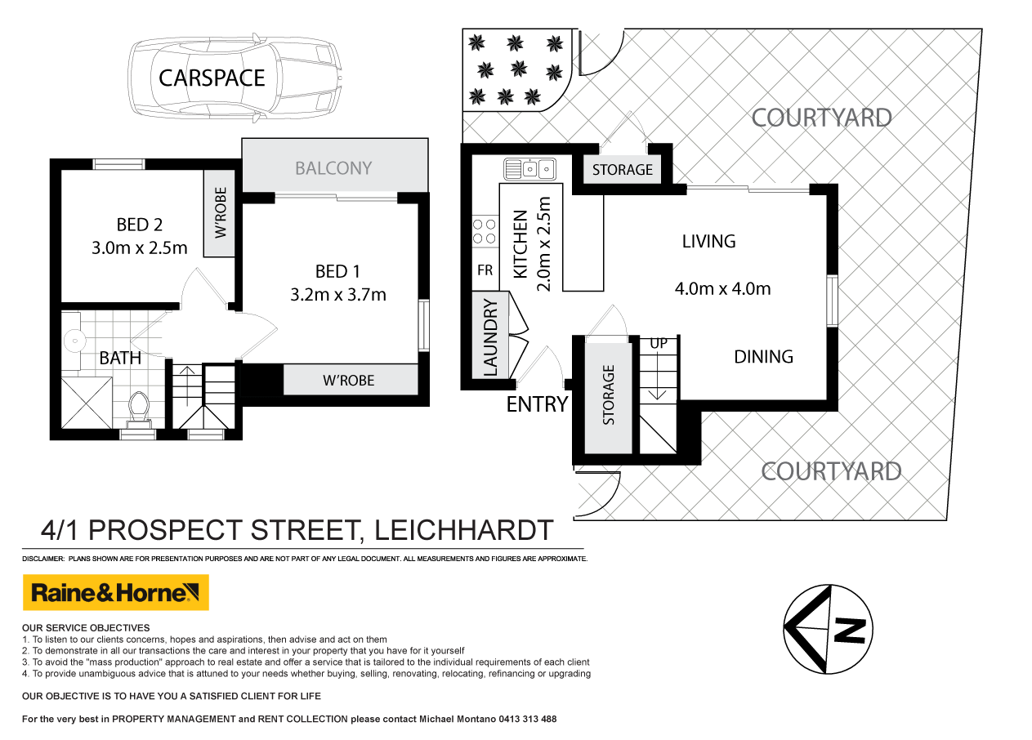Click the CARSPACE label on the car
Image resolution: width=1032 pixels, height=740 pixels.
212,78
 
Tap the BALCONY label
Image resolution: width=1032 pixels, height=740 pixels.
333,168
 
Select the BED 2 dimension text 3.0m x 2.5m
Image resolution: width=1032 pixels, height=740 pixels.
139,247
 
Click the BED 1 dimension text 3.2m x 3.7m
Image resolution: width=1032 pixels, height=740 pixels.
338,294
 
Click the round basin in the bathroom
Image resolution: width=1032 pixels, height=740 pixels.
74,337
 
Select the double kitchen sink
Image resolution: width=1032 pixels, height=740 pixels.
529,169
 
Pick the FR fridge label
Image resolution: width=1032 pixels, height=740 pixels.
485,270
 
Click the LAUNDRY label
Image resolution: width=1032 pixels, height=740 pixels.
490,337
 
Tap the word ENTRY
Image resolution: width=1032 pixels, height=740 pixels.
537,403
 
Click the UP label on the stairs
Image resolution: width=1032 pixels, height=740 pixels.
659,344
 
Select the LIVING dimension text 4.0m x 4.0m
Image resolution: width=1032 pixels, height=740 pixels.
722,288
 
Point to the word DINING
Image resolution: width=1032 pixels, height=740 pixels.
763,356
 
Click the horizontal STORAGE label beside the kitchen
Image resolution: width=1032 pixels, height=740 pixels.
622,170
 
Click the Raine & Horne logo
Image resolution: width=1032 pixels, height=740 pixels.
115,593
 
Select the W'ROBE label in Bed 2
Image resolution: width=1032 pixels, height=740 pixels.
219,214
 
